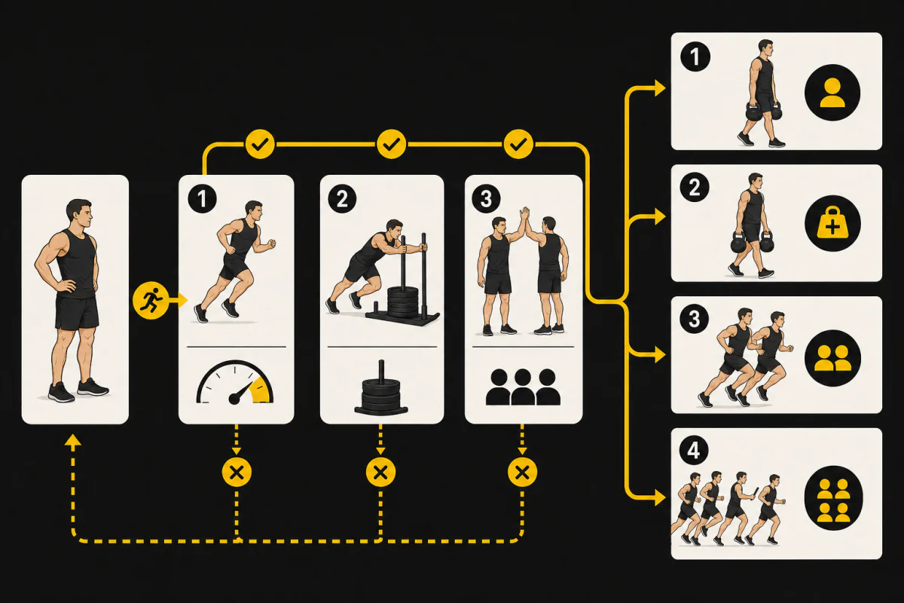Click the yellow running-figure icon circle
(x=151, y=301)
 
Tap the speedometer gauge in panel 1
(x=235, y=383)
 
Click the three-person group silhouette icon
(x=523, y=387)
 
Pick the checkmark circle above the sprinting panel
(x=260, y=144)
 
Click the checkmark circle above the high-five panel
(x=518, y=144)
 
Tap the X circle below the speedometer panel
(x=237, y=472)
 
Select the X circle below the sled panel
(x=380, y=472)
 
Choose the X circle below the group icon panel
(x=523, y=472)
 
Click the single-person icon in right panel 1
(x=832, y=93)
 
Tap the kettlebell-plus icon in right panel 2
(x=832, y=223)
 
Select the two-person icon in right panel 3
(x=832, y=358)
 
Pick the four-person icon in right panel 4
(x=833, y=498)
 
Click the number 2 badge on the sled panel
(x=342, y=199)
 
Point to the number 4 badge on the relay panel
(x=694, y=450)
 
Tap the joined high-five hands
(x=524, y=214)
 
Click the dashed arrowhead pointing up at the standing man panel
(x=73, y=440)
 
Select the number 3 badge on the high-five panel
(x=486, y=199)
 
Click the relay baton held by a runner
(x=755, y=494)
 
